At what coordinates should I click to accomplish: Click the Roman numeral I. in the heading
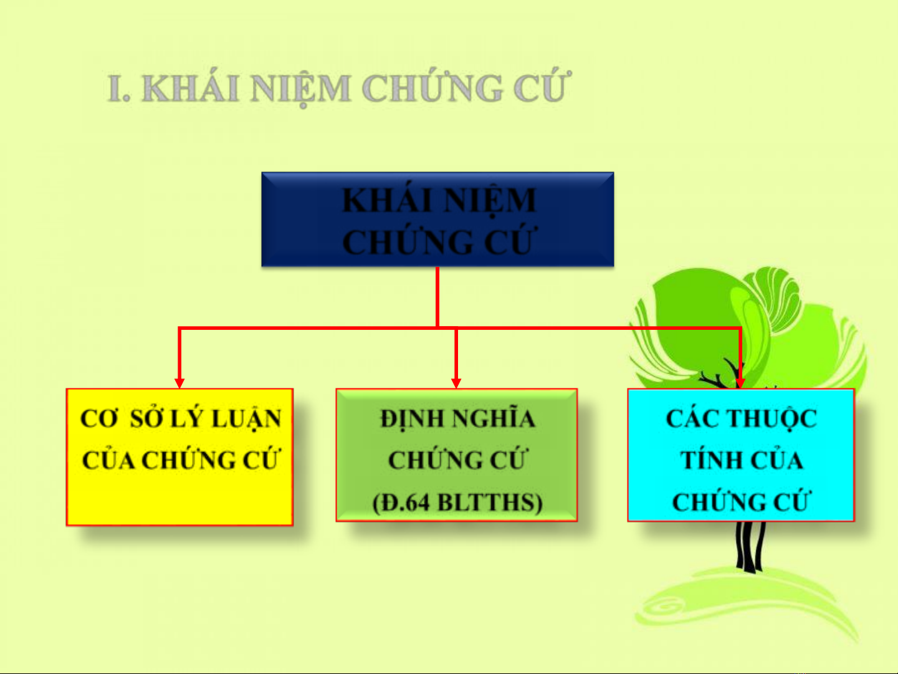click(118, 89)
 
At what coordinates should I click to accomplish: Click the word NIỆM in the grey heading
click(301, 89)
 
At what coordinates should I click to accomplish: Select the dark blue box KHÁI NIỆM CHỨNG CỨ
click(437, 219)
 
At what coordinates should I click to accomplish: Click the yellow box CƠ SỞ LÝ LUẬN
click(179, 456)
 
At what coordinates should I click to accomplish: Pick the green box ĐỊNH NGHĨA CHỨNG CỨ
click(457, 455)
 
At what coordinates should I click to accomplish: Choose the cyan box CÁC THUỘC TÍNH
click(741, 455)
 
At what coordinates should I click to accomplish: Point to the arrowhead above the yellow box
click(179, 383)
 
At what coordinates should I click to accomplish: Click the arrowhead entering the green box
click(456, 383)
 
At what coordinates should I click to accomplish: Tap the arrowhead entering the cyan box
click(740, 383)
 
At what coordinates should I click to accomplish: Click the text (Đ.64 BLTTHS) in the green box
click(457, 502)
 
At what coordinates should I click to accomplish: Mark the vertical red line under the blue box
click(437, 297)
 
